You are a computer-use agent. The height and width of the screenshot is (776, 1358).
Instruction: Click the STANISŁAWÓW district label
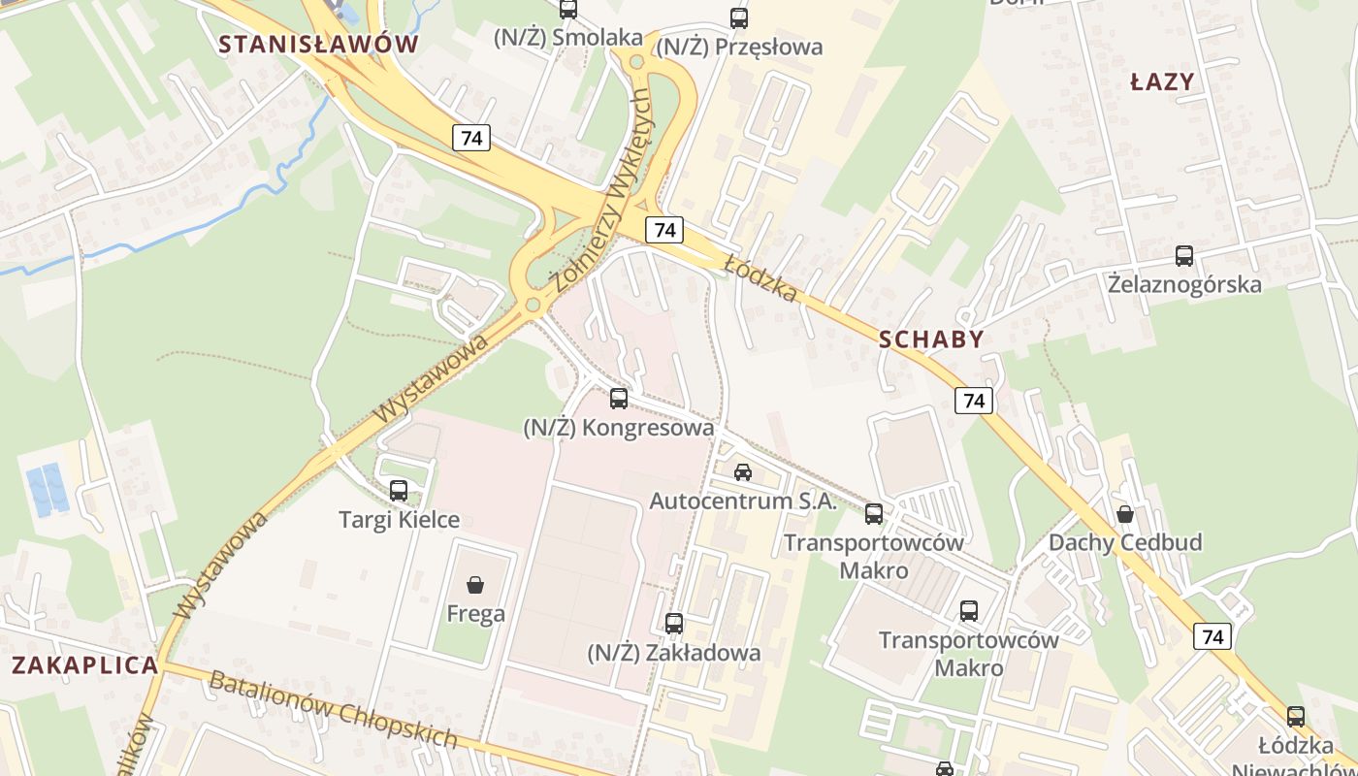point(318,44)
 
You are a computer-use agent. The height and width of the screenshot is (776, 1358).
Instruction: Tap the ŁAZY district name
point(1162,82)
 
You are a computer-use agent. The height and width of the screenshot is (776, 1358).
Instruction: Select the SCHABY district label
point(931,339)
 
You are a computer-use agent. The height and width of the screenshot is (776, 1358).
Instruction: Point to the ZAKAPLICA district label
point(84,665)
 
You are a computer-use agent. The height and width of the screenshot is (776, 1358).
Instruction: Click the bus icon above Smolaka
point(568,10)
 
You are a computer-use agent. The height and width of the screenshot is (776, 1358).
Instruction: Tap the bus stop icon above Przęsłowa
point(739,17)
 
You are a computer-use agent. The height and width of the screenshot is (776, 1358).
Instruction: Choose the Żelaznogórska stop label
point(1184,284)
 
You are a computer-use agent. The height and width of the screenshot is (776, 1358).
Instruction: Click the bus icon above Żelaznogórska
point(1184,256)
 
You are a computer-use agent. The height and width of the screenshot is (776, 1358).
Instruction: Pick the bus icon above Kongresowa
point(619,399)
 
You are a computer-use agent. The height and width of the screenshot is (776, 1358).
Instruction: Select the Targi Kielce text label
point(399,520)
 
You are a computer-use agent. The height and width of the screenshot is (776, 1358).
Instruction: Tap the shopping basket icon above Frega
point(475,585)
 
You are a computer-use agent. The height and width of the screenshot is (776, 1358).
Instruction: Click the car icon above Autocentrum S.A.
point(743,472)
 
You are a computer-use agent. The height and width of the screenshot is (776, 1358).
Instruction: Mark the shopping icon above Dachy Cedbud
point(1125,513)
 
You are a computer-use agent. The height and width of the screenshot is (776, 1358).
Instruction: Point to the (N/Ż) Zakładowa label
point(673,653)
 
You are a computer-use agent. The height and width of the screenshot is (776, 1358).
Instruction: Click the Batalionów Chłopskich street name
point(333,709)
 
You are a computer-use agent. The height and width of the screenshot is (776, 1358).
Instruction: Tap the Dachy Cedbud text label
point(1125,542)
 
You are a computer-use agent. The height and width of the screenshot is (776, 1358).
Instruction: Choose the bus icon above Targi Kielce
point(399,491)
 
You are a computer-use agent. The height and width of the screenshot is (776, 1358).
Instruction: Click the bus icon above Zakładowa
point(674,624)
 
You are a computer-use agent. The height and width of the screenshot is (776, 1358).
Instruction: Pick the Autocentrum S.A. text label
point(742,501)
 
